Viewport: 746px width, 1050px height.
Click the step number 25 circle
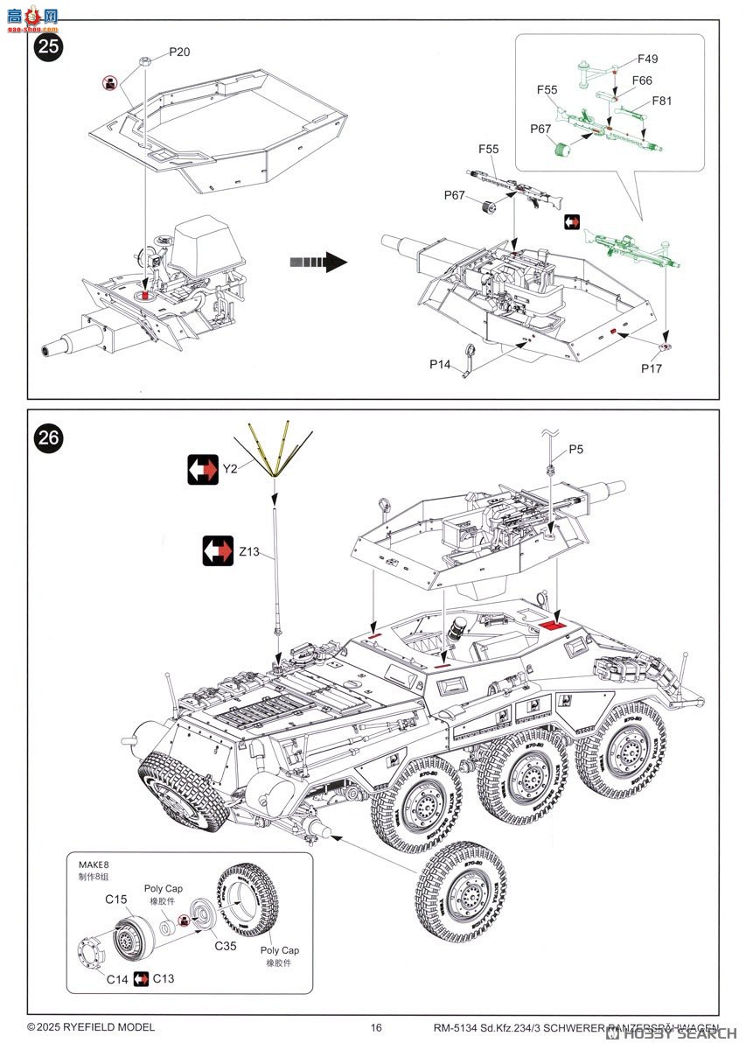[49, 47]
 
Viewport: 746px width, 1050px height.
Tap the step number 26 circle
[49, 438]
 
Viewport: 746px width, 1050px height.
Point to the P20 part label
[178, 52]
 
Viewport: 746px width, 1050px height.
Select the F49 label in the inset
[647, 59]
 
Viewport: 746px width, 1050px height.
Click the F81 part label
[662, 101]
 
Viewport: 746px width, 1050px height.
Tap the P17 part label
[651, 368]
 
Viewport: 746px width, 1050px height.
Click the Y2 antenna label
[229, 469]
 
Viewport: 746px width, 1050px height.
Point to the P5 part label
[575, 450]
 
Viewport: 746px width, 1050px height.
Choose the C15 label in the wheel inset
[116, 899]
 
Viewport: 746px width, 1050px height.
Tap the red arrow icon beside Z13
[218, 550]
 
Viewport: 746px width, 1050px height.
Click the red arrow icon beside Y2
[203, 469]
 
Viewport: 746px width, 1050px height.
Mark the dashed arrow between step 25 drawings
[318, 261]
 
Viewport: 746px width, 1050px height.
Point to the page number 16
[376, 1027]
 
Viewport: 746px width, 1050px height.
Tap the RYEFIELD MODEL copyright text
[91, 1027]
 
